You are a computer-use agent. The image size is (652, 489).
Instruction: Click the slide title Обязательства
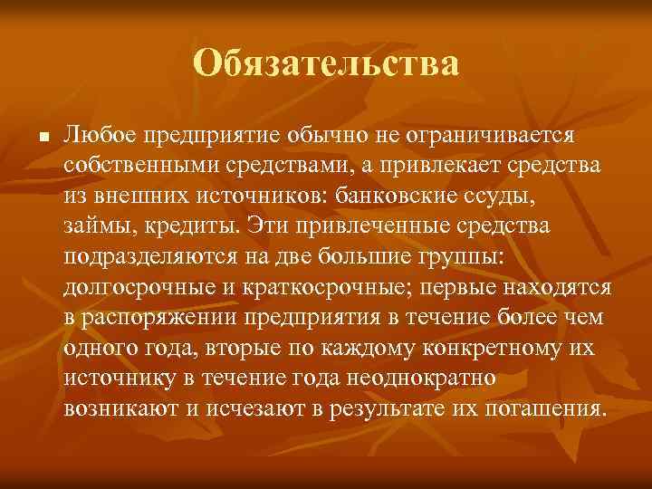[326, 64]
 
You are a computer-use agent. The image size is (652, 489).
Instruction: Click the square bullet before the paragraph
[31, 136]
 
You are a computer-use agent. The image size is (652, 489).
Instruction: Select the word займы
[96, 225]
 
